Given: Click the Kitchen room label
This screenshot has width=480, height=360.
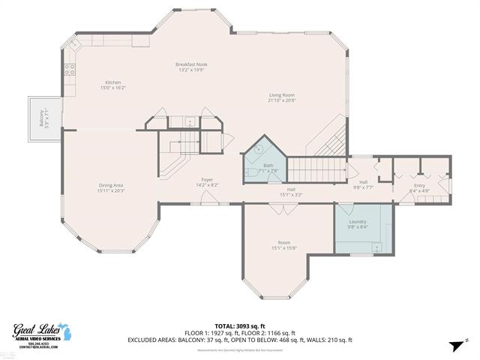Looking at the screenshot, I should (x=113, y=85).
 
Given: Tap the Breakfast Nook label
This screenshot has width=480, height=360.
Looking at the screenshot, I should (x=192, y=67).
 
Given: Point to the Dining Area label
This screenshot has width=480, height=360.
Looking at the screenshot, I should (x=111, y=187).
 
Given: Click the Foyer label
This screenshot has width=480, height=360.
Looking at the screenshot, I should (x=207, y=182).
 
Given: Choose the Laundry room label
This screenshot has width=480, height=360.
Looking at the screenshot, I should (x=357, y=223).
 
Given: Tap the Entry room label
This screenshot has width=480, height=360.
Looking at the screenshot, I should (x=420, y=187).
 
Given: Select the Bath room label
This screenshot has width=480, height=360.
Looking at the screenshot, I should (x=268, y=168).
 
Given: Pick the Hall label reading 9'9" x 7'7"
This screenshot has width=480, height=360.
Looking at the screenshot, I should (x=363, y=184).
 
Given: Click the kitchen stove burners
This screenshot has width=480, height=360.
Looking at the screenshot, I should (x=70, y=69).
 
